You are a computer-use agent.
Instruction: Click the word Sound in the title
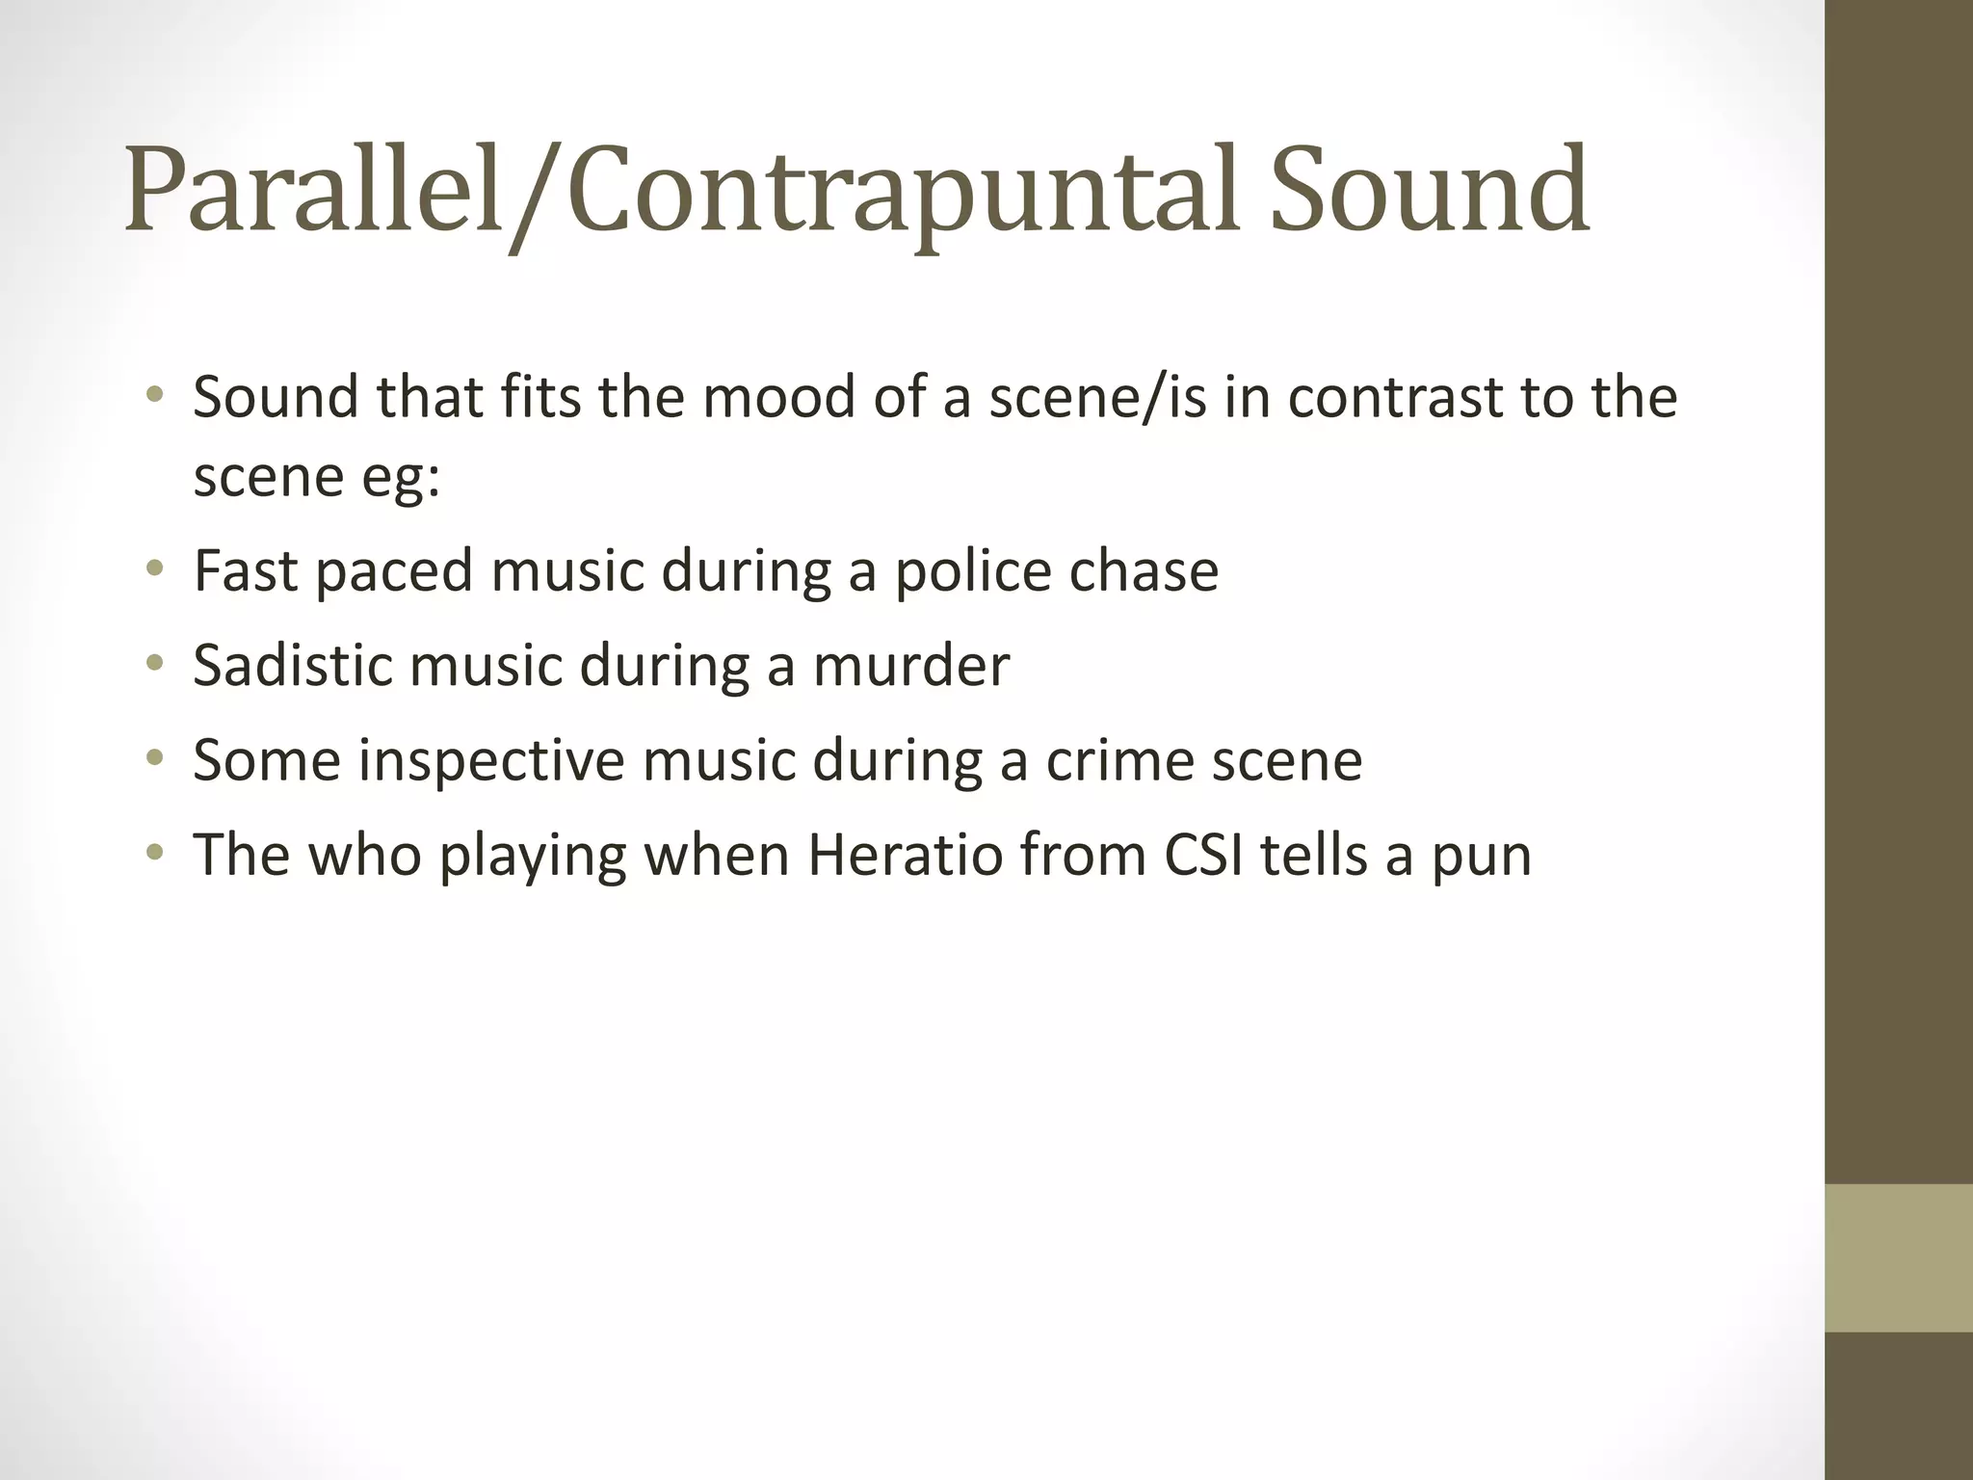click(x=1429, y=190)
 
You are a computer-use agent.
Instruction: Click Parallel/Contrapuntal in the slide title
click(x=680, y=190)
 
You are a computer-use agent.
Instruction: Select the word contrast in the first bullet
click(x=1393, y=397)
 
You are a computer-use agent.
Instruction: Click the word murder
click(x=911, y=665)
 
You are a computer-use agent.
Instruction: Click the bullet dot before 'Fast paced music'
click(x=155, y=569)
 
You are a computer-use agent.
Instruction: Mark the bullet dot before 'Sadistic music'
click(x=155, y=664)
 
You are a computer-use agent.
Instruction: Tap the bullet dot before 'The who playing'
click(x=155, y=854)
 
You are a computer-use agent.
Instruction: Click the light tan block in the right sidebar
click(x=1899, y=1257)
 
